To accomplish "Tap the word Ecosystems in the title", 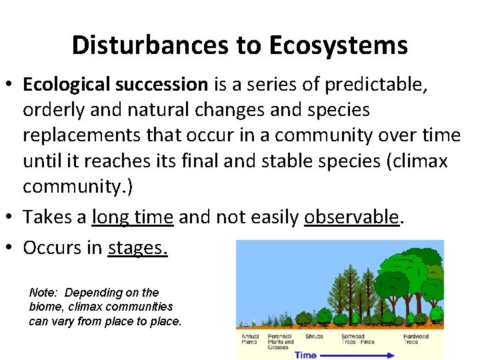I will [x=339, y=45].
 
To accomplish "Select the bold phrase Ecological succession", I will [x=115, y=84].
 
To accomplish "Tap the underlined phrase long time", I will [x=133, y=217].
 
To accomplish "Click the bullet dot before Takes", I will [x=10, y=218].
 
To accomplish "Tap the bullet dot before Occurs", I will [x=10, y=248].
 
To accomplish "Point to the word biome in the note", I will [x=45, y=307].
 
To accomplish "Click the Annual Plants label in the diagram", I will [x=251, y=339].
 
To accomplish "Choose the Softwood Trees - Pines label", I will [x=358, y=339].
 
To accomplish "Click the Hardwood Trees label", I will [x=415, y=339].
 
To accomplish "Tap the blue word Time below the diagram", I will [x=305, y=355].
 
